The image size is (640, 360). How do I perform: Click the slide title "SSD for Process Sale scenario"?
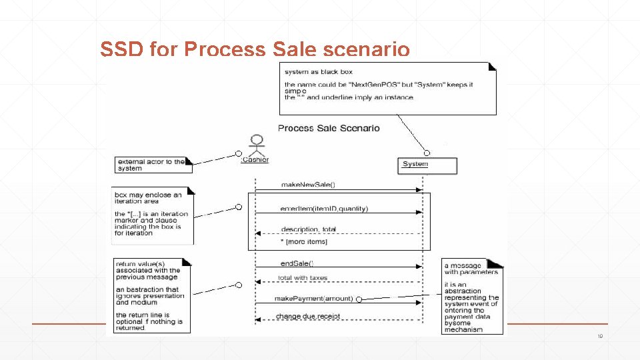[254, 49]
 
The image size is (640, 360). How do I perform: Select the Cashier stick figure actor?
[256, 146]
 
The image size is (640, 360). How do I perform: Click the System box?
[427, 165]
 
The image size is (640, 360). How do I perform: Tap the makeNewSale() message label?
[308, 184]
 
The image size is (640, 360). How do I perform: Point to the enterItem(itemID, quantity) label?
[324, 209]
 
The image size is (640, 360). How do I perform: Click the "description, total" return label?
[309, 229]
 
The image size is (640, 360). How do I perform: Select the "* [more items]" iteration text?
[304, 241]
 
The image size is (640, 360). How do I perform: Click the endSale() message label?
[297, 263]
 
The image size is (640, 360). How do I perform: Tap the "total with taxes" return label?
[303, 278]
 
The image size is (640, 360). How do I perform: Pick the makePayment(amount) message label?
[313, 299]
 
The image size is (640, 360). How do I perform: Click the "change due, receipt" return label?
[308, 316]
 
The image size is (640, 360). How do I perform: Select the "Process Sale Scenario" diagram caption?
[329, 128]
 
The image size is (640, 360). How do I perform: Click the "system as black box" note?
[388, 88]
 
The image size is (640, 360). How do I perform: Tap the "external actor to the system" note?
[153, 165]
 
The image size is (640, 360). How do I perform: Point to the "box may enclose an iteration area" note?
[153, 215]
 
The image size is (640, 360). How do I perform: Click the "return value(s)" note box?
[152, 295]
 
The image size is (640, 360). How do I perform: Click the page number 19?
[600, 337]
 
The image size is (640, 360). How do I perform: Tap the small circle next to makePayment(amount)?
[359, 299]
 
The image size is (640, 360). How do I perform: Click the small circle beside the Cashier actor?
[238, 153]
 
